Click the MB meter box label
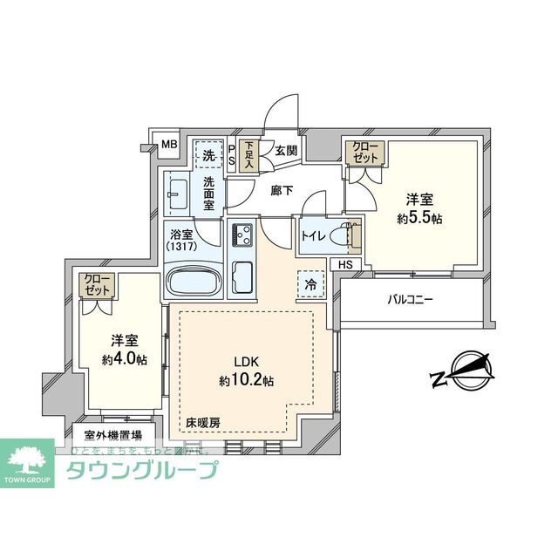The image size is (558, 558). tap(168, 145)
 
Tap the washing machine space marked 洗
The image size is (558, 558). tap(208, 155)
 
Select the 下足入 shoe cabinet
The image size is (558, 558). tap(249, 155)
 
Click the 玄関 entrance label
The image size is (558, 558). tap(285, 151)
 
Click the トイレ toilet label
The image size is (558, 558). tap(313, 235)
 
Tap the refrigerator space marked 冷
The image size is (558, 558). tap(310, 282)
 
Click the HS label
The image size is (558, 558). tap(346, 265)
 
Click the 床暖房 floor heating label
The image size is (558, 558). tap(202, 424)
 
